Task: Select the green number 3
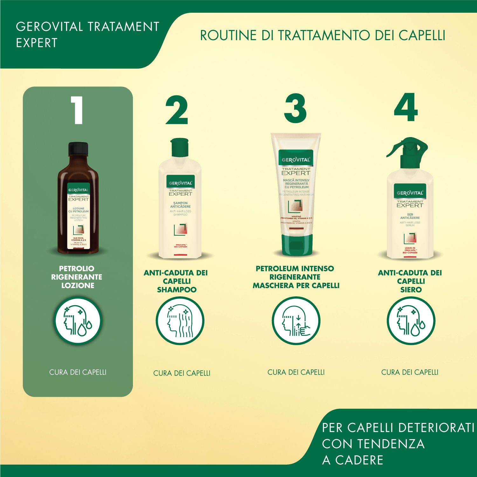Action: pos(295,109)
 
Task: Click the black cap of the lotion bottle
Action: pos(78,149)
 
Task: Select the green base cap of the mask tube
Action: pos(296,245)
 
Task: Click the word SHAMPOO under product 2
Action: pos(176,290)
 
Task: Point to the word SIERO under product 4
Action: pos(411,290)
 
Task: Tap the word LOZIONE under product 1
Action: pos(78,286)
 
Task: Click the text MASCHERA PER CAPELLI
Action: pos(296,286)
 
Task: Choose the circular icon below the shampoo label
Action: pos(180,321)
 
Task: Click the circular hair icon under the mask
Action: pos(296,321)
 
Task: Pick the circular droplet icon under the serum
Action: pos(411,321)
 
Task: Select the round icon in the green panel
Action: pos(78,321)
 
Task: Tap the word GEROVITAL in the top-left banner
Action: pos(49,27)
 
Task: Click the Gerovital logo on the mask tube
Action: pos(296,160)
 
